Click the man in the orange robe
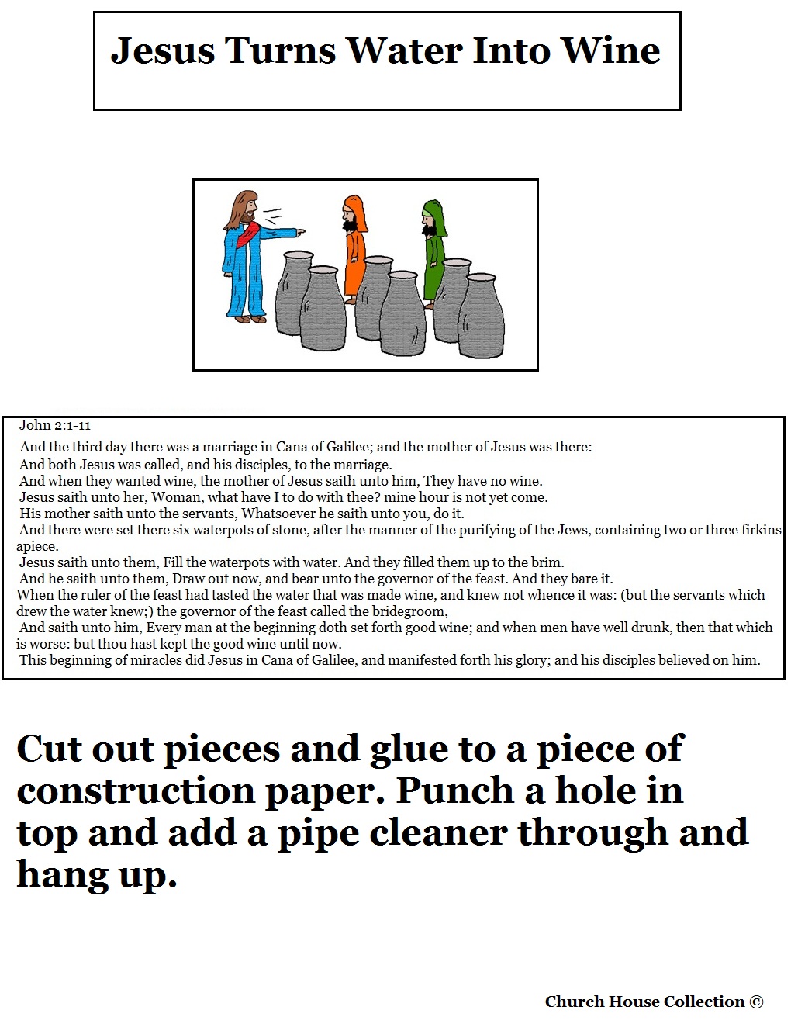[x=354, y=249]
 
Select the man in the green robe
[x=433, y=254]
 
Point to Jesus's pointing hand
[x=298, y=231]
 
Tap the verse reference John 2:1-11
[x=54, y=426]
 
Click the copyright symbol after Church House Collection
[x=755, y=1002]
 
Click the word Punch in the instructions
[x=454, y=791]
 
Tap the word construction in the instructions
[x=136, y=791]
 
